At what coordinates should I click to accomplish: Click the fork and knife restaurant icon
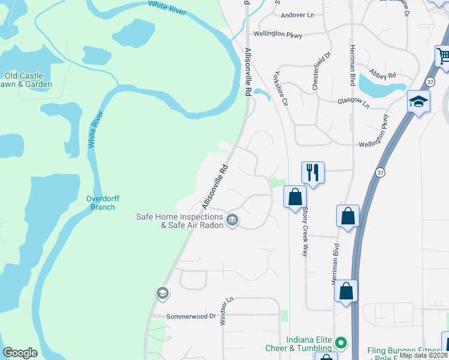coord(312,172)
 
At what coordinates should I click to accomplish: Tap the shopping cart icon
coord(444,57)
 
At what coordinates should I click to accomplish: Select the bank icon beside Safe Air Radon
coord(232,221)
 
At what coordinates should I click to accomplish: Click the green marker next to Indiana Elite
coord(340,343)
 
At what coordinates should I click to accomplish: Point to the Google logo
coord(20,353)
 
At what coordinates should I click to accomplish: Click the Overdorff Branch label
coord(100,203)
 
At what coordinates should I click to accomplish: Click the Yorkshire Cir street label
coord(280,89)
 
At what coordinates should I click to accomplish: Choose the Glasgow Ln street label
coord(352,103)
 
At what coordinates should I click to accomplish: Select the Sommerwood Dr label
coord(190,316)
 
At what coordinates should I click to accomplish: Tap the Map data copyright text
coord(423,355)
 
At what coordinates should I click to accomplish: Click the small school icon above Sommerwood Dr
coord(161,293)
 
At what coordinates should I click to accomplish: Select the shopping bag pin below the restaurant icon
coord(295,196)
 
